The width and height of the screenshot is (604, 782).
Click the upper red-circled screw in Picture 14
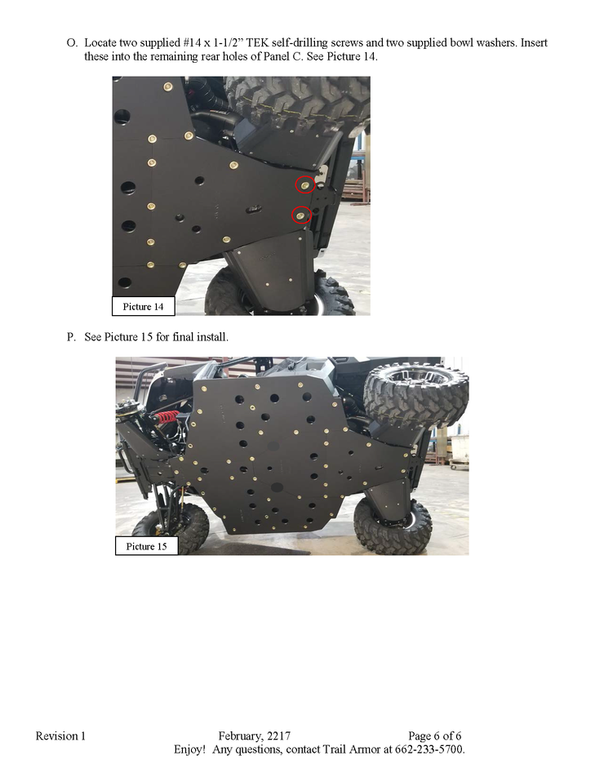coord(304,185)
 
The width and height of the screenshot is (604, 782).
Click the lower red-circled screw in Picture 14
coord(300,215)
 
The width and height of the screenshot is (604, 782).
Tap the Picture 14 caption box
coord(143,306)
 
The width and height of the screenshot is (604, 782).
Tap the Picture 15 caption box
coord(147,546)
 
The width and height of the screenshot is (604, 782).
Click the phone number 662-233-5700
coord(429,749)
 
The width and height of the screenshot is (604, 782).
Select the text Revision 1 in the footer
coord(60,735)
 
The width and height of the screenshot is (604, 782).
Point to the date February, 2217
coord(255,736)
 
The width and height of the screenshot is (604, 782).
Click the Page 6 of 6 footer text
coord(434,736)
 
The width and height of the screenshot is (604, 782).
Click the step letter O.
coord(72,43)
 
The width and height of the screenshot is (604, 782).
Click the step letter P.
coord(71,337)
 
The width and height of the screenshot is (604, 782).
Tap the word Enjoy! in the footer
coord(189,749)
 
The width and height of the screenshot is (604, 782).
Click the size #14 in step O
coord(192,43)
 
